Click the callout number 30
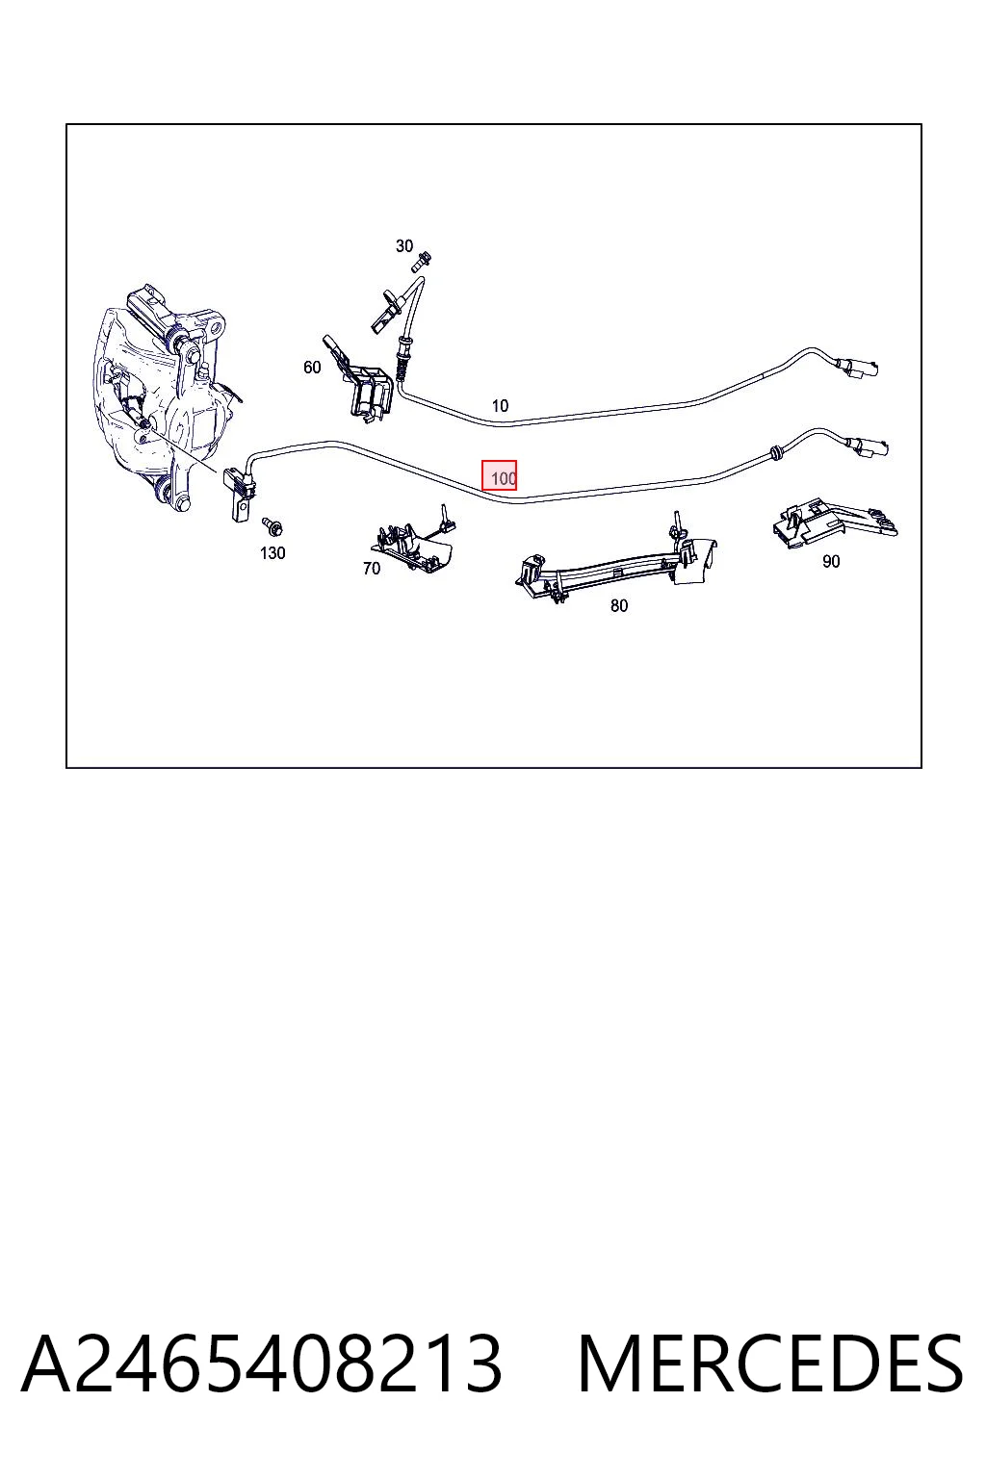pyautogui.click(x=404, y=246)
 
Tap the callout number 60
pyautogui.click(x=312, y=367)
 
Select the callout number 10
pyautogui.click(x=500, y=406)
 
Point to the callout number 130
pyautogui.click(x=272, y=553)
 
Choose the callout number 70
pyautogui.click(x=372, y=568)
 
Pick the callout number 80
pyautogui.click(x=619, y=605)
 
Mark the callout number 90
pyautogui.click(x=831, y=562)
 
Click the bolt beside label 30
pyautogui.click(x=421, y=262)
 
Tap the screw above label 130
pyautogui.click(x=272, y=526)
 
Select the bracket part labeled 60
pyautogui.click(x=360, y=378)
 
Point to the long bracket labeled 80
pyautogui.click(x=617, y=559)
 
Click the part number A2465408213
pyautogui.click(x=262, y=1365)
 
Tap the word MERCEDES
pyautogui.click(x=770, y=1365)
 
